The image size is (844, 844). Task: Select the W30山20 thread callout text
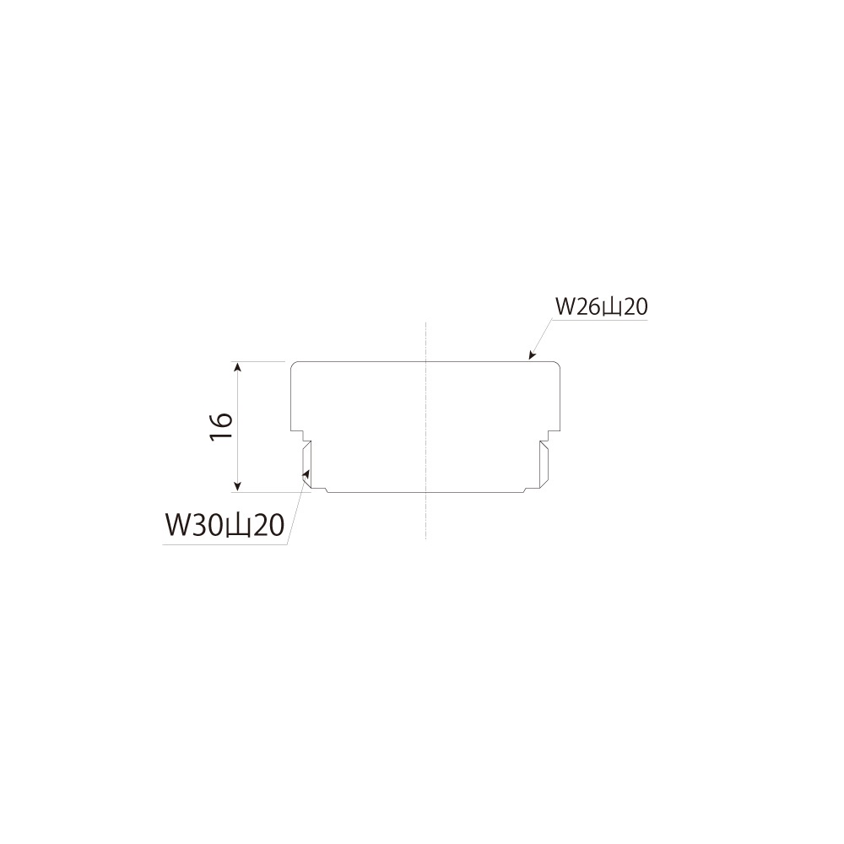click(223, 526)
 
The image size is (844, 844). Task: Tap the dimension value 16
click(220, 426)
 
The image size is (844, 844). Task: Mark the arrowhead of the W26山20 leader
click(529, 357)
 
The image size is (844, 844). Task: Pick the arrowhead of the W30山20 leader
click(306, 477)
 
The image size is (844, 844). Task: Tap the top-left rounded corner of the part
click(295, 365)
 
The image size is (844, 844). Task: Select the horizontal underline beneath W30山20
click(224, 544)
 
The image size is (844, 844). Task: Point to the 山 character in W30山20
click(238, 527)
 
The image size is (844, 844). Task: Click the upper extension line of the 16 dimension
click(262, 362)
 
